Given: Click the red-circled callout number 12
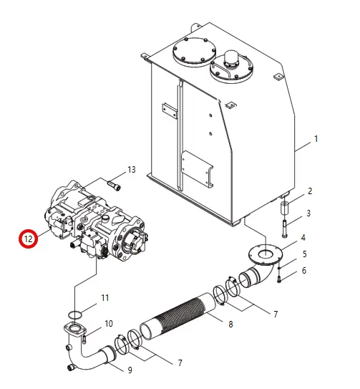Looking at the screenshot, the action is (x=28, y=239).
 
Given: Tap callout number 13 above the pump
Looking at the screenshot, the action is (x=132, y=170).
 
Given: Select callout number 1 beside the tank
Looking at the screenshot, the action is (x=316, y=139).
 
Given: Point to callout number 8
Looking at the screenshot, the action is (x=230, y=324).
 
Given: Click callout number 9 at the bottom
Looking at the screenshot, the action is (x=130, y=370).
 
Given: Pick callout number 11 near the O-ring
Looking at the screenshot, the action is (x=105, y=298).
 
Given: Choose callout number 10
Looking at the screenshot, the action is (x=109, y=324).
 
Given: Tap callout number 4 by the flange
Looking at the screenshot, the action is (x=303, y=238).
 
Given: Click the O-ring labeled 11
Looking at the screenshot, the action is (x=74, y=314).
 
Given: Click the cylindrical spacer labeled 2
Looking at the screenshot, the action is (x=284, y=208).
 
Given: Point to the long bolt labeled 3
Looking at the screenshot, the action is (x=284, y=229).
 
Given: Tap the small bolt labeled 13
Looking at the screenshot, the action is (x=114, y=186).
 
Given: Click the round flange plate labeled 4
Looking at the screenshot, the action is (x=266, y=254).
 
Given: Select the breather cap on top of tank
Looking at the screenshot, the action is (x=232, y=58).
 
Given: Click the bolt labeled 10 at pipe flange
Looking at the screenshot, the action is (x=84, y=339).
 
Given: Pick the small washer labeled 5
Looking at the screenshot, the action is (x=279, y=268).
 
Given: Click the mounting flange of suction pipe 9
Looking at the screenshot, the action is (x=74, y=330).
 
